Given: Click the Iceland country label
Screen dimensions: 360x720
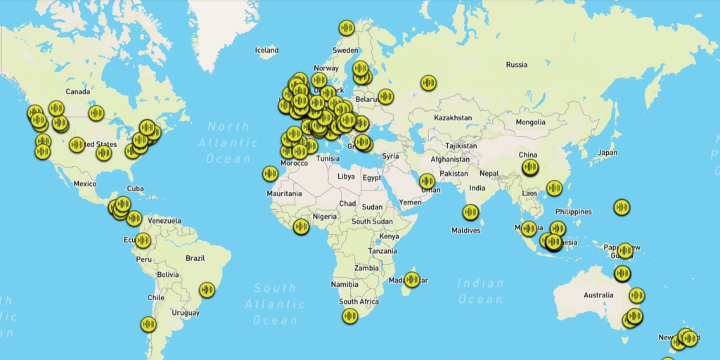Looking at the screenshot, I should (x=267, y=50).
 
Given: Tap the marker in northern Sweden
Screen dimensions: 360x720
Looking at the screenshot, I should (x=346, y=27).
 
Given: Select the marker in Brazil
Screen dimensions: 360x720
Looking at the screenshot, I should (x=207, y=289).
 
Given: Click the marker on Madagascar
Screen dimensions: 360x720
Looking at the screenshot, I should (x=412, y=279).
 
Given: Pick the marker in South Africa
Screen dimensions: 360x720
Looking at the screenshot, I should (x=350, y=316).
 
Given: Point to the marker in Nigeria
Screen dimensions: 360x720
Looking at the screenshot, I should (x=302, y=226).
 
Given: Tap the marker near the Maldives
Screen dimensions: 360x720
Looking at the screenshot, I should (x=470, y=212).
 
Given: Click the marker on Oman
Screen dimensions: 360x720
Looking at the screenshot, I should (x=427, y=181).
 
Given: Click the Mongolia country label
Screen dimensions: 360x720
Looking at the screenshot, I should (x=530, y=122).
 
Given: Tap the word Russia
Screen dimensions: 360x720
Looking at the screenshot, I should (x=516, y=65).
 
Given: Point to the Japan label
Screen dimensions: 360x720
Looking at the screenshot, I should (x=607, y=153).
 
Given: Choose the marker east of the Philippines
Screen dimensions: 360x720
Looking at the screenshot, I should (x=621, y=207).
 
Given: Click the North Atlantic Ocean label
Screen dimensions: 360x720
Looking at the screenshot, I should (x=228, y=143).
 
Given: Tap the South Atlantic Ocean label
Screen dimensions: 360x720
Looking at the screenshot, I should (x=276, y=304).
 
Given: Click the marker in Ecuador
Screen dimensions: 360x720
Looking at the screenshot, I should (x=143, y=240).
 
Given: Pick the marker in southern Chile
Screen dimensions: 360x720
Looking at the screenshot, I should (x=148, y=324).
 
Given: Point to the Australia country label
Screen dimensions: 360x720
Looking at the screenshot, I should (x=598, y=295).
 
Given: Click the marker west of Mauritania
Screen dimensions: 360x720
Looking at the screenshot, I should (x=270, y=173).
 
